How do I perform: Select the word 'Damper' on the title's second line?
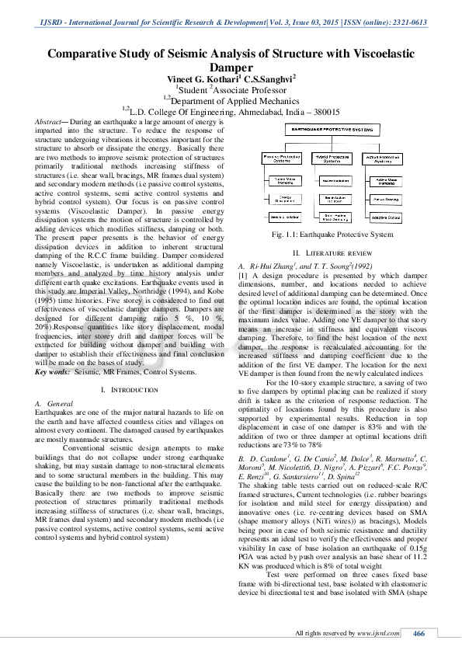click(231, 68)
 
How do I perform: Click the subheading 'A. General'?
click(54, 405)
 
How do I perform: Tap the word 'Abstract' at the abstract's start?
click(54, 123)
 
